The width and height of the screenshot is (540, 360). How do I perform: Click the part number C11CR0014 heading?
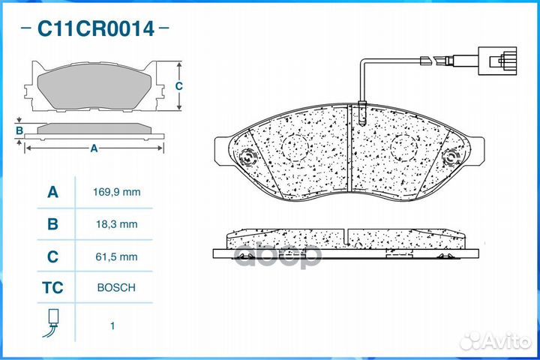point(96,28)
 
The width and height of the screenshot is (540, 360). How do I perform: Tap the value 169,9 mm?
point(117,192)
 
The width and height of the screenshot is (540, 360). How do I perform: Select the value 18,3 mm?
point(117,224)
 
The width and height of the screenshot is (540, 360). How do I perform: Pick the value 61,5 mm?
point(117,256)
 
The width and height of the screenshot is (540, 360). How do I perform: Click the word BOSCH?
point(116,288)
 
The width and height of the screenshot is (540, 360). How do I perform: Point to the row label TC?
point(52,288)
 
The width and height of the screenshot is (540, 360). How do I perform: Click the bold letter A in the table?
point(52,192)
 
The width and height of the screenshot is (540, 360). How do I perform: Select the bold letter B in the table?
point(52,224)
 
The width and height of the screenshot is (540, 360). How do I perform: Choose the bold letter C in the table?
point(52,256)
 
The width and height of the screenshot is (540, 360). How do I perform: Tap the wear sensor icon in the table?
point(52,322)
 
